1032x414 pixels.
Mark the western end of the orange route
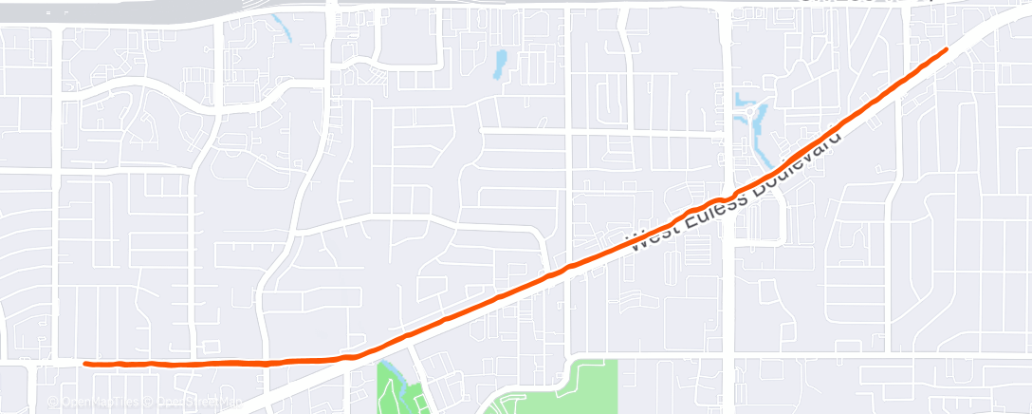coord(85,363)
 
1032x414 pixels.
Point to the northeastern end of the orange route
coord(946,48)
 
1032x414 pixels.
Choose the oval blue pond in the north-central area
coord(498,64)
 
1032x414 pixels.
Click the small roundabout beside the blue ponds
coord(756,113)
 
